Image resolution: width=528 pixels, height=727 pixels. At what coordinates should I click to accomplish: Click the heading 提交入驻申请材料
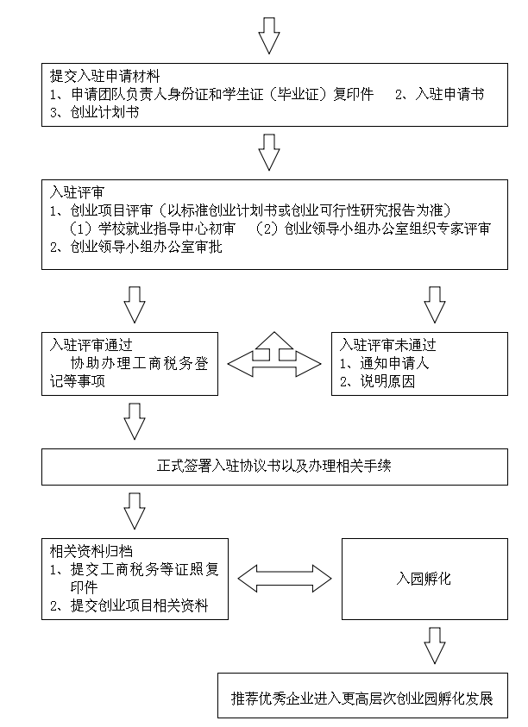pyautogui.click(x=105, y=76)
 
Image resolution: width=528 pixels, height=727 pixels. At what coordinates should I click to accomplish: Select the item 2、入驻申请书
pyautogui.click(x=439, y=94)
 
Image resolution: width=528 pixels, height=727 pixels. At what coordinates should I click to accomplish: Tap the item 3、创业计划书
pyautogui.click(x=95, y=112)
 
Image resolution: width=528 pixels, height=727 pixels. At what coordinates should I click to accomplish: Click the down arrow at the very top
pyautogui.click(x=268, y=35)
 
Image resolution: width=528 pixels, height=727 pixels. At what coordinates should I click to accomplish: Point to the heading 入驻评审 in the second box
pyautogui.click(x=77, y=192)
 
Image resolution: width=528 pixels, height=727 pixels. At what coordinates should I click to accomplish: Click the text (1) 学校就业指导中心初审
pyautogui.click(x=152, y=229)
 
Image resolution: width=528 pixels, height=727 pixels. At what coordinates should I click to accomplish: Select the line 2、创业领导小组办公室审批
pyautogui.click(x=136, y=247)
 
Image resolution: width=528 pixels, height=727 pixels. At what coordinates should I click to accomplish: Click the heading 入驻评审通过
pyautogui.click(x=91, y=345)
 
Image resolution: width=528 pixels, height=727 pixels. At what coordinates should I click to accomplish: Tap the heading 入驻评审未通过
pyautogui.click(x=387, y=345)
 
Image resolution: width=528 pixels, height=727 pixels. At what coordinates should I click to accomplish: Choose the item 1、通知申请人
pyautogui.click(x=384, y=363)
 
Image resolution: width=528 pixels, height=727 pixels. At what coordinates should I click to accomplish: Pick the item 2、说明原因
pyautogui.click(x=377, y=381)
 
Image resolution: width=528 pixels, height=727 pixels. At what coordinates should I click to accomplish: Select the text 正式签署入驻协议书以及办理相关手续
pyautogui.click(x=274, y=466)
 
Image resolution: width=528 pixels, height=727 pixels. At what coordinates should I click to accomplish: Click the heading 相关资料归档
pyautogui.click(x=91, y=551)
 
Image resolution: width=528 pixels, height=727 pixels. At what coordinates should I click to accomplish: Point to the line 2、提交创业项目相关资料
pyautogui.click(x=129, y=605)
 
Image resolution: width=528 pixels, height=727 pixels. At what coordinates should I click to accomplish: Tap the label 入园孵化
pyautogui.click(x=424, y=579)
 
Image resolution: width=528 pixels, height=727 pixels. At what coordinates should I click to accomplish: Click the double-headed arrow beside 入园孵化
pyautogui.click(x=285, y=579)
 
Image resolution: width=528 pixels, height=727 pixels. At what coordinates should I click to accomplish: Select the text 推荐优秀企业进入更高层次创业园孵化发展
pyautogui.click(x=361, y=699)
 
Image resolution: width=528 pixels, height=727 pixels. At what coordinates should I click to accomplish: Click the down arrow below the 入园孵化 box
pyautogui.click(x=435, y=646)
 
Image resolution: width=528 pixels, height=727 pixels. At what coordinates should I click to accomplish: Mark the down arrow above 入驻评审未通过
pyautogui.click(x=435, y=304)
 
